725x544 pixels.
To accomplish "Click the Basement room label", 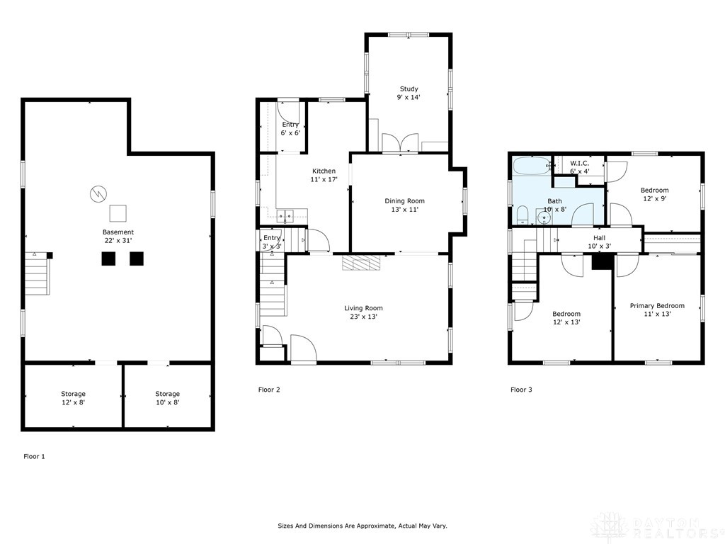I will [118, 236].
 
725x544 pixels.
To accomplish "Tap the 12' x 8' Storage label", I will [73, 397].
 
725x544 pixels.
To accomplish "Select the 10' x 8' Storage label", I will [167, 397].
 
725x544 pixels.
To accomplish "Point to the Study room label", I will [409, 93].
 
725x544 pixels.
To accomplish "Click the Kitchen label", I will [324, 175].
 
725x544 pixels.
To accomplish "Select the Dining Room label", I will [404, 205].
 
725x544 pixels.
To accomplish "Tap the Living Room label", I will [363, 312].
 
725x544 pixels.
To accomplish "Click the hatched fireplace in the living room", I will [361, 263].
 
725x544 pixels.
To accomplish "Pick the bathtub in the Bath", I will [532, 167].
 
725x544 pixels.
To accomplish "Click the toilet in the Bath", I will [522, 215].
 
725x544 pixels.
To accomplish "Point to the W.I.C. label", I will [579, 166].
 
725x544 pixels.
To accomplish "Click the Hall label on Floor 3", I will [599, 242].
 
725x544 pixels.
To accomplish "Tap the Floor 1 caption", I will [34, 457].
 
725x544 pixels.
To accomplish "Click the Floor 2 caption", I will [269, 390].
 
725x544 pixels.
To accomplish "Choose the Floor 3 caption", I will [522, 390].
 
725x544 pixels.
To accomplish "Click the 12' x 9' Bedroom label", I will [654, 194].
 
